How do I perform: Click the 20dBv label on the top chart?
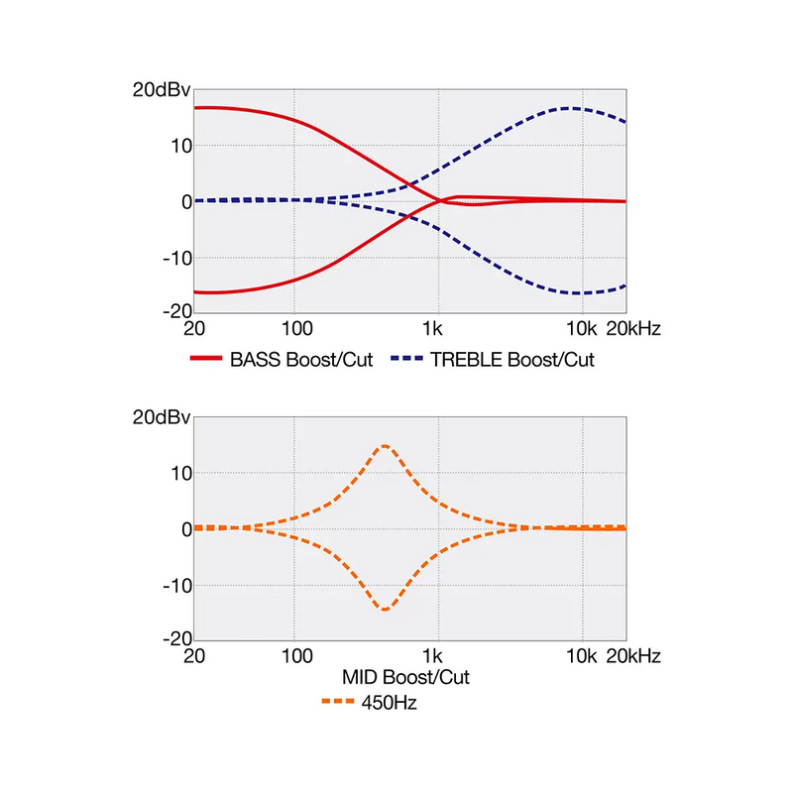(x=160, y=88)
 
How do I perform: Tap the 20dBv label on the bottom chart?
(x=160, y=415)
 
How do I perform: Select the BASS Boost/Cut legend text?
(x=301, y=360)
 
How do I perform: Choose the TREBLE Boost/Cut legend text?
(x=512, y=360)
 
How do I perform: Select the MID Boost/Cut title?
(x=405, y=678)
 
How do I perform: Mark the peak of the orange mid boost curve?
(x=385, y=446)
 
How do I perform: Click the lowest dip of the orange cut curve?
(x=385, y=609)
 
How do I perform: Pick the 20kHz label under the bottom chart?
(x=633, y=656)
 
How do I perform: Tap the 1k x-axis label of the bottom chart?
(x=432, y=656)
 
